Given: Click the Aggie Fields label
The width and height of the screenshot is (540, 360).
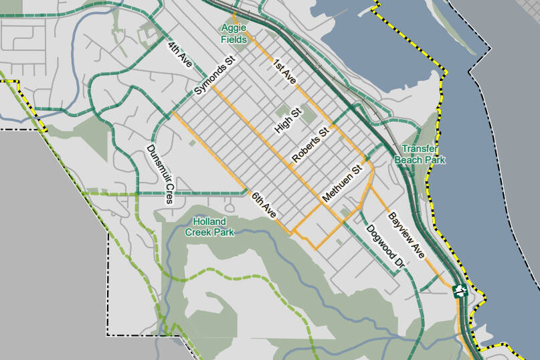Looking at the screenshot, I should pos(235,34).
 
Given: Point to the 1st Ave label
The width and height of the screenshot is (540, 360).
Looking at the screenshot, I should pos(284,72).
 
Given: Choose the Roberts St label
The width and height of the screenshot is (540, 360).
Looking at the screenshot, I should pos(312,145).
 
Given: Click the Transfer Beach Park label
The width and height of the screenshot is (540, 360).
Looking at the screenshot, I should pos(420,155).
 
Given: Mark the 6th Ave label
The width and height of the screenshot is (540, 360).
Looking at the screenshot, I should pos(264,205).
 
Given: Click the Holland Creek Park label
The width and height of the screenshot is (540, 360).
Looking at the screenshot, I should pos(213,227).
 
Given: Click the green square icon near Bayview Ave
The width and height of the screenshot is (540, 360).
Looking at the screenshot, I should pos(460,290).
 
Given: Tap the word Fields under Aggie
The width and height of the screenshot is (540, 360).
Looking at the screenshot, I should pos(235,40).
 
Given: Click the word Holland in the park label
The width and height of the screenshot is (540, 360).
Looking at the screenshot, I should pos(209,221).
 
